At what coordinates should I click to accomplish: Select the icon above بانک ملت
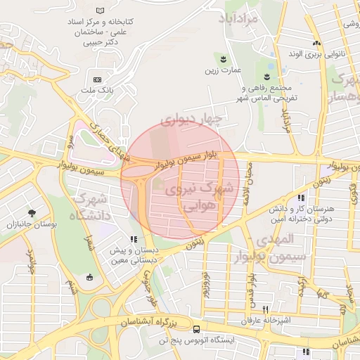pyautogui.click(x=97, y=79)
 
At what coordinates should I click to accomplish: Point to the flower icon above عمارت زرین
pyautogui.click(x=224, y=57)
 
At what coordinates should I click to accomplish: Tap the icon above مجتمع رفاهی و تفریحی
pyautogui.click(x=268, y=75)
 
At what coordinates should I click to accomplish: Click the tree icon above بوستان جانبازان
pyautogui.click(x=31, y=212)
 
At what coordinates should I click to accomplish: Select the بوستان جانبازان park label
pyautogui.click(x=31, y=225)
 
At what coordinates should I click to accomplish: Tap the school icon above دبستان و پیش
pyautogui.click(x=134, y=239)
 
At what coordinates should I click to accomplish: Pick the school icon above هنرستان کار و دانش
pyautogui.click(x=301, y=199)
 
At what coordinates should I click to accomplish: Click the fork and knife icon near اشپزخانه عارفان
pyautogui.click(x=265, y=309)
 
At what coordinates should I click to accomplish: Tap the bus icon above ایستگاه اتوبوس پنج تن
pyautogui.click(x=195, y=328)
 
